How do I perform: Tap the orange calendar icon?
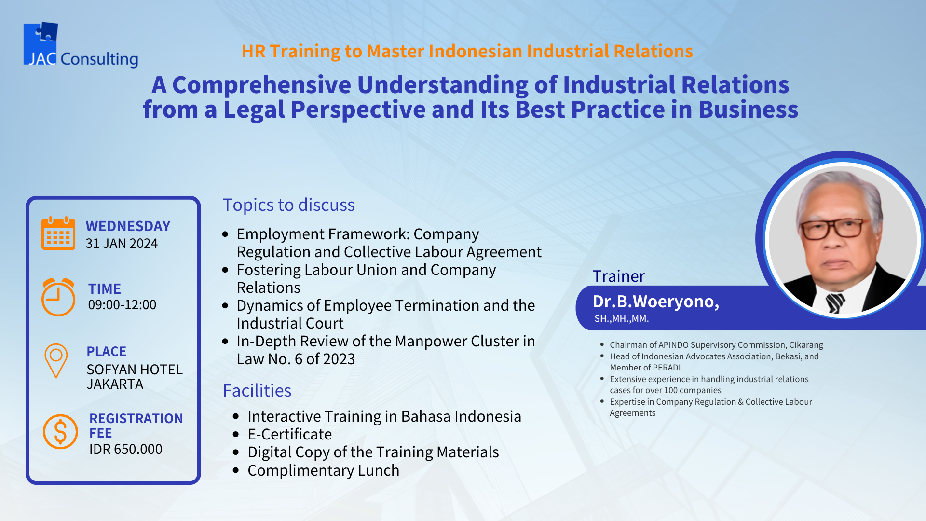pyautogui.click(x=58, y=233)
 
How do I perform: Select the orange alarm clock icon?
pyautogui.click(x=58, y=297)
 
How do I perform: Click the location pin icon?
pyautogui.click(x=56, y=360)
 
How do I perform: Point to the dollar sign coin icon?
pyautogui.click(x=60, y=432)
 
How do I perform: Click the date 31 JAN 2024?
pyautogui.click(x=122, y=244)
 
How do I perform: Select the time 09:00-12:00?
pyautogui.click(x=122, y=305)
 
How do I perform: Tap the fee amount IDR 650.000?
pyautogui.click(x=126, y=449)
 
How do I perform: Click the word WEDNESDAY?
pyautogui.click(x=128, y=226)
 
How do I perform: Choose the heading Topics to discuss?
pyautogui.click(x=288, y=205)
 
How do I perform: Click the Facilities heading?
pyautogui.click(x=257, y=390)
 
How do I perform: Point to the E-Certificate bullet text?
pyautogui.click(x=290, y=434)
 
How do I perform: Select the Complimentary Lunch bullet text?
pyautogui.click(x=324, y=470)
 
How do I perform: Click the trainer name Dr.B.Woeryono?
pyautogui.click(x=656, y=302)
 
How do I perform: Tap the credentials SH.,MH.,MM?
pyautogui.click(x=622, y=319)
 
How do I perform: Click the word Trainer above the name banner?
pyautogui.click(x=618, y=276)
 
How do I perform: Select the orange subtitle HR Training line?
pyautogui.click(x=467, y=51)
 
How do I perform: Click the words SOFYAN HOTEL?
pyautogui.click(x=135, y=370)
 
